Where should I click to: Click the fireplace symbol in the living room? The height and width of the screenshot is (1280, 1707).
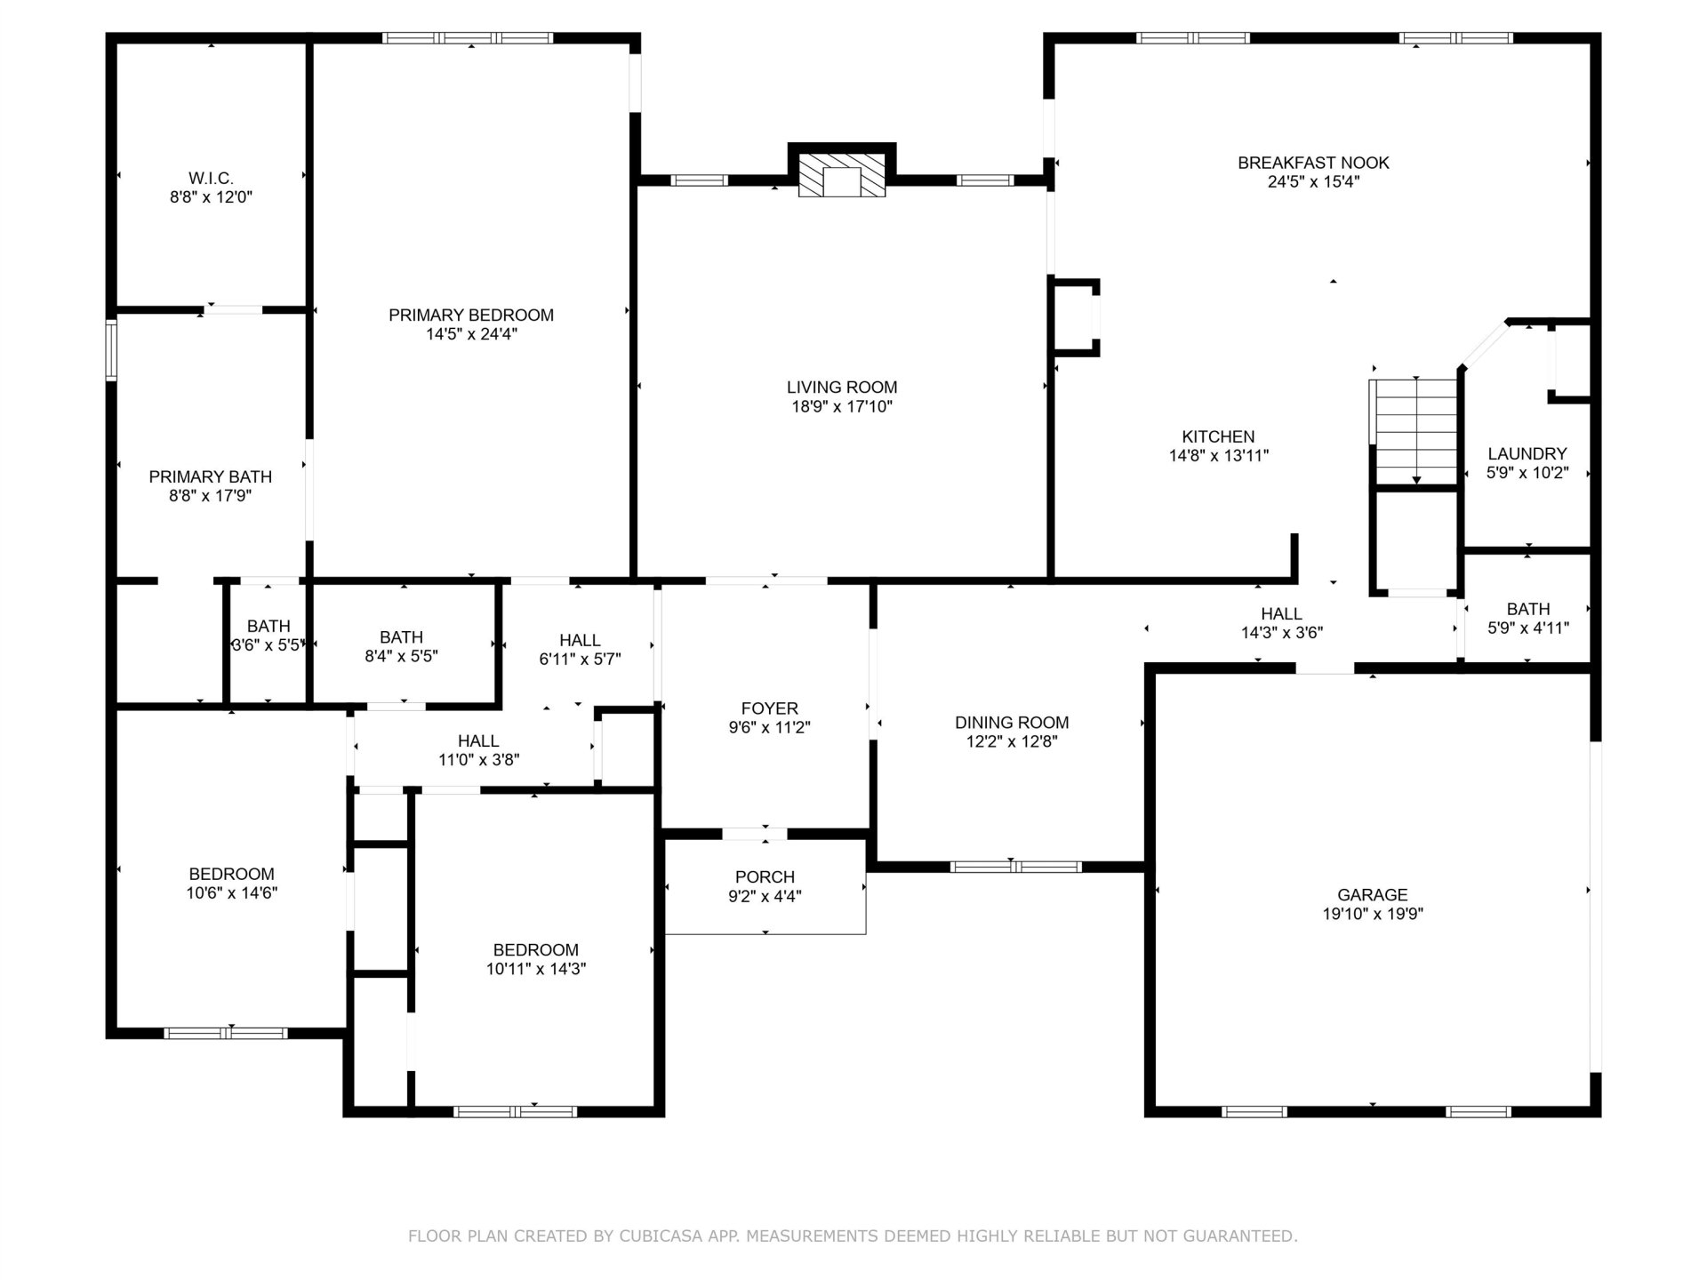click(842, 174)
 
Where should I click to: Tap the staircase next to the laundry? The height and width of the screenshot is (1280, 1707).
click(1414, 432)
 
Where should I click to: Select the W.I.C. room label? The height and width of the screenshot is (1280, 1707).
click(211, 179)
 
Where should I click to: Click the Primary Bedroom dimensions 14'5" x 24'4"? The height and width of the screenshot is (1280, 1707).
click(471, 334)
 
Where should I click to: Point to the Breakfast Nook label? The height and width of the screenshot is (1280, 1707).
click(1313, 163)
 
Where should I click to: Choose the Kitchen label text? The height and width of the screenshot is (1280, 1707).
click(1218, 436)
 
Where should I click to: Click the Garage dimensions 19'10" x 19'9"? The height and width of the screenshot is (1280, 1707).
click(1373, 914)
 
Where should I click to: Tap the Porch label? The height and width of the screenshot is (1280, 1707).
click(765, 877)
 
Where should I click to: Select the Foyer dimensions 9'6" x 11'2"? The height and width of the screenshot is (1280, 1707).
click(769, 727)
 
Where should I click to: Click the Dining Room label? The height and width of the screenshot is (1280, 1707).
click(1012, 723)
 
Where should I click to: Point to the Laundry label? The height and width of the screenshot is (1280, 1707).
click(1527, 454)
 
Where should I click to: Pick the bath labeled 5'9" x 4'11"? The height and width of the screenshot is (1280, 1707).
click(1527, 618)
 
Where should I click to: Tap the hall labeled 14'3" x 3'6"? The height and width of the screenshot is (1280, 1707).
click(1281, 623)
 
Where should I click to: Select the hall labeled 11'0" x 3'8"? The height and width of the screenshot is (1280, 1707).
click(478, 750)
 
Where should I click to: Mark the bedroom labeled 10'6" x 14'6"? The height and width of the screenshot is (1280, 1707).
click(231, 884)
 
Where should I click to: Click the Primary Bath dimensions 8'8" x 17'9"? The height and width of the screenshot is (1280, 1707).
click(211, 496)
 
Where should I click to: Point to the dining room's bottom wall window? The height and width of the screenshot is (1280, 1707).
click(1015, 867)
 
